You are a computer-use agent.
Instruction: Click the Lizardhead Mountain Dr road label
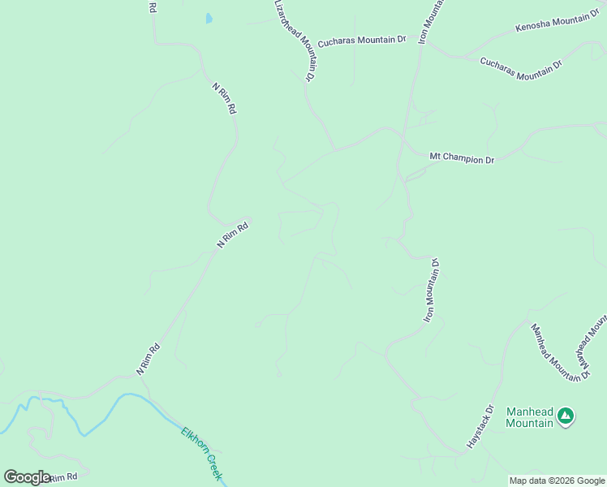293,40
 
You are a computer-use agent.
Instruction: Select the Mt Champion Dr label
461,157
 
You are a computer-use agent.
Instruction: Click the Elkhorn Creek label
201,454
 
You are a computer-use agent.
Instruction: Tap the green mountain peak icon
566,417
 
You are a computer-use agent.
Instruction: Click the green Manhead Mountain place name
529,416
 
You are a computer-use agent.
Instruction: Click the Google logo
27,477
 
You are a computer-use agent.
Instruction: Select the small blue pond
209,18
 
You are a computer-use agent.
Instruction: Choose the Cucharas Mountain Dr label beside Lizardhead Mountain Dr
361,40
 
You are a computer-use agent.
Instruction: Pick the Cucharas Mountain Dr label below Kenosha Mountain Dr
521,68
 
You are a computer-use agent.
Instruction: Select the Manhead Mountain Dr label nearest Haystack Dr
548,350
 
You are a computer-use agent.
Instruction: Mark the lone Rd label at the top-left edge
152,6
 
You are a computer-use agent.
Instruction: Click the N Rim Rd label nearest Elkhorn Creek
149,359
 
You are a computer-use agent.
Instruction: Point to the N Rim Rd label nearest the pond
225,97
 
